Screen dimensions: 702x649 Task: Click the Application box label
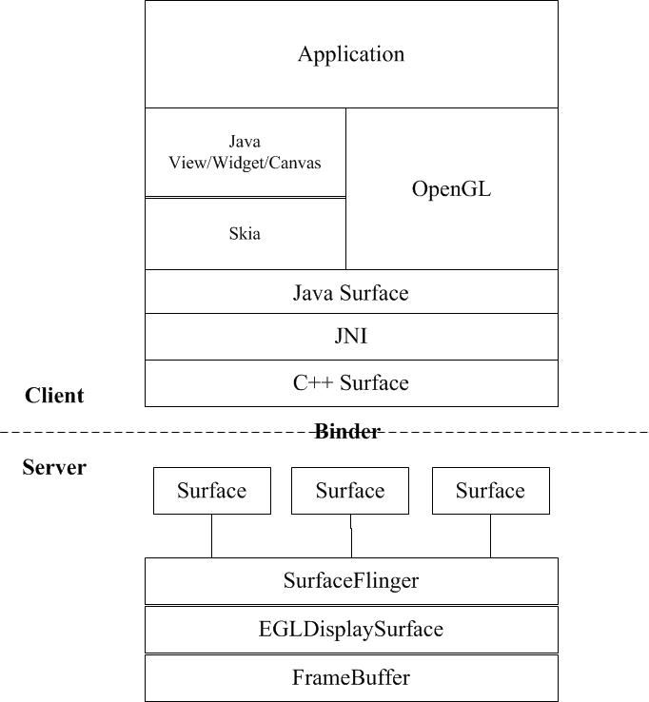(x=350, y=54)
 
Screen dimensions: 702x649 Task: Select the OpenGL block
(x=451, y=188)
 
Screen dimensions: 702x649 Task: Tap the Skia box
(x=245, y=233)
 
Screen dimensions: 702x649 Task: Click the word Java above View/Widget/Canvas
(x=245, y=142)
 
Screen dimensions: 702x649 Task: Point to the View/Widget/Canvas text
(x=245, y=163)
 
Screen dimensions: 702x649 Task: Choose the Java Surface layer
(x=350, y=292)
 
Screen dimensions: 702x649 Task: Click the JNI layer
(x=350, y=337)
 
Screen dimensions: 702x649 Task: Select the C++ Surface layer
(x=350, y=383)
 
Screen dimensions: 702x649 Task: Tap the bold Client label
(x=54, y=396)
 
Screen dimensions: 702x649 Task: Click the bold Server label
(x=54, y=468)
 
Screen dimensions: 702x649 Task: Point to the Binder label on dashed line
(x=347, y=432)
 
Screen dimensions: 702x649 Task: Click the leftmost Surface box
(x=211, y=491)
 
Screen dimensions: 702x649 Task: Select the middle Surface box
(x=350, y=491)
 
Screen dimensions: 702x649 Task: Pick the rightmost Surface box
(x=490, y=491)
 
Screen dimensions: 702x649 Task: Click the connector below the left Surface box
(x=211, y=536)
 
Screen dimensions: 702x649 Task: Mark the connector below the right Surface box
(x=490, y=536)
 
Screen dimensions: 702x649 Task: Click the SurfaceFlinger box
(x=350, y=580)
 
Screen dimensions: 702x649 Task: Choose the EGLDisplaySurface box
(x=350, y=629)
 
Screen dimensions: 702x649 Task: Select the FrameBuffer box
(x=350, y=677)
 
